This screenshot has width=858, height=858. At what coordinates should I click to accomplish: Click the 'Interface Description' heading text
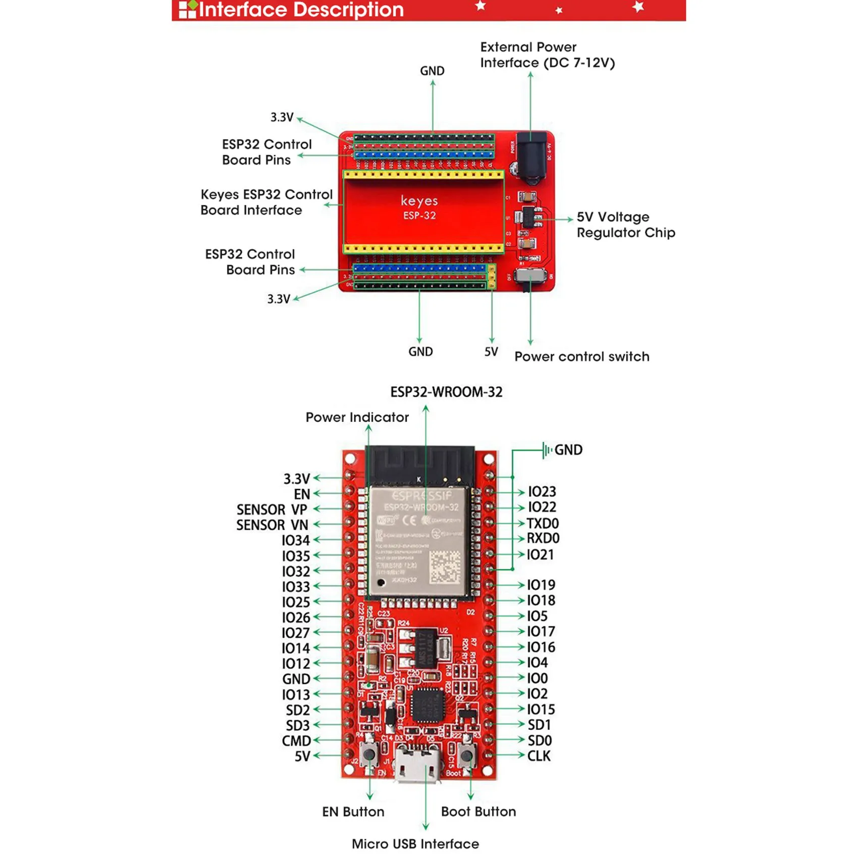[x=301, y=10]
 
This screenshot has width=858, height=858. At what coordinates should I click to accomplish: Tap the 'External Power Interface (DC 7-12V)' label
[x=547, y=55]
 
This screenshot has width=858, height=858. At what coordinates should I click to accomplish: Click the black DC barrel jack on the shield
[x=531, y=156]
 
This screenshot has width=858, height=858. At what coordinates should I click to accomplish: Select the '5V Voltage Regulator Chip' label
[x=625, y=225]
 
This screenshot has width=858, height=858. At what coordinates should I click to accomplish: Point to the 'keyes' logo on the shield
[x=419, y=201]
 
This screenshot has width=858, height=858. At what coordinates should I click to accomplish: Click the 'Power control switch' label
[x=581, y=357]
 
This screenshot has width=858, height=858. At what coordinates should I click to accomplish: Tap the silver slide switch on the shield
[x=531, y=277]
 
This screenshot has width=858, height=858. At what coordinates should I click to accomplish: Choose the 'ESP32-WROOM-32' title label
[x=446, y=392]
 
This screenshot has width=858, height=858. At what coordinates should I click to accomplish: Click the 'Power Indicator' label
[x=357, y=417]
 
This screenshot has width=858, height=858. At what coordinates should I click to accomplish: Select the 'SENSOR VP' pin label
[x=272, y=510]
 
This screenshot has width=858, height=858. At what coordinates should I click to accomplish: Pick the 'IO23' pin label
[x=542, y=492]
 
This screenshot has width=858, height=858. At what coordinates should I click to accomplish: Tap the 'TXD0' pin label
[x=543, y=523]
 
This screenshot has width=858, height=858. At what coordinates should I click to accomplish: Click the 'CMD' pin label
[x=296, y=741]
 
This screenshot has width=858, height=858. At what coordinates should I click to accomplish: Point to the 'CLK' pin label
[x=539, y=756]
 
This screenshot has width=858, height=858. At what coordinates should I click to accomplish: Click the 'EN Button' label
[x=353, y=812]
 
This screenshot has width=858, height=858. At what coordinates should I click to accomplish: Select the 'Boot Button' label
[x=478, y=812]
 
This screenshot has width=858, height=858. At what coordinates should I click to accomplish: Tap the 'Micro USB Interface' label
[x=415, y=844]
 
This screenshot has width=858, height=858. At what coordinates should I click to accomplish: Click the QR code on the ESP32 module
[x=445, y=566]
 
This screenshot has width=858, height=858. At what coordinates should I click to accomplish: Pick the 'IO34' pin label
[x=295, y=541]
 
